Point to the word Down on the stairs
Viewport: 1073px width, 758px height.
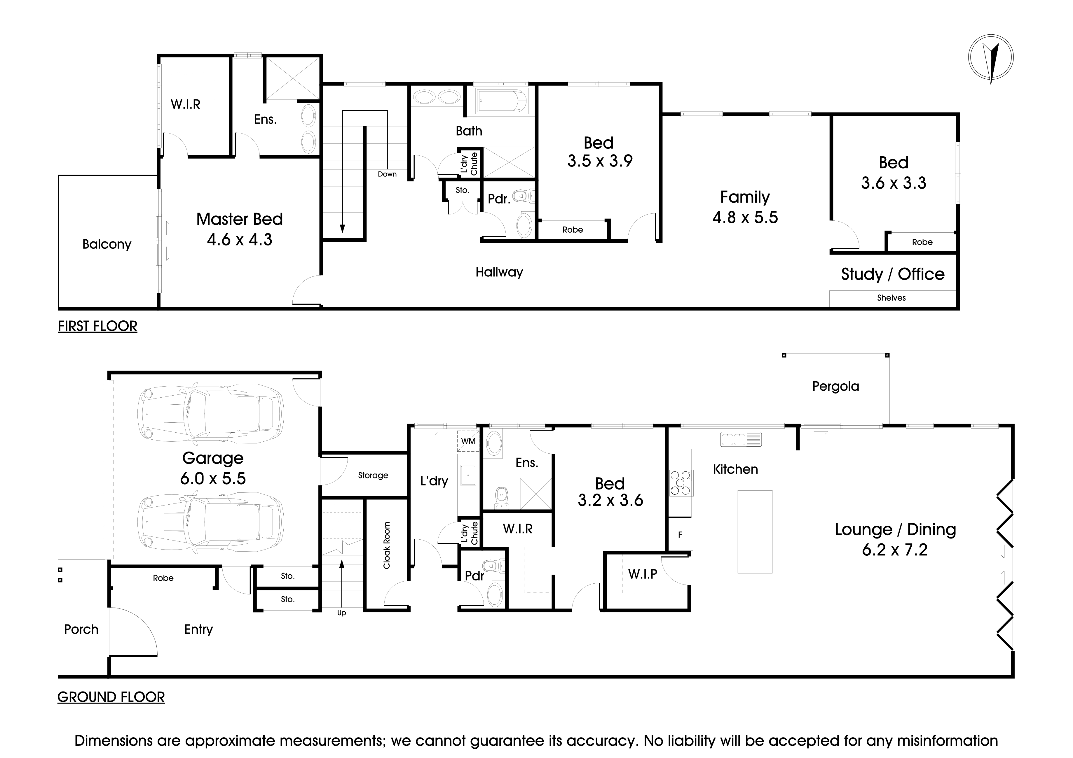click(387, 174)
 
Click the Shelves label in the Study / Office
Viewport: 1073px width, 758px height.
click(891, 298)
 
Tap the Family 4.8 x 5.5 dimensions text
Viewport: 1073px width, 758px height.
click(745, 218)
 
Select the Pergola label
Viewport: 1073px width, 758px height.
click(835, 387)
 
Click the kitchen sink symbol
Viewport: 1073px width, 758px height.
click(741, 439)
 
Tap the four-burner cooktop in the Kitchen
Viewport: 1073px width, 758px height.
click(681, 483)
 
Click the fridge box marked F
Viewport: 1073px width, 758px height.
click(680, 535)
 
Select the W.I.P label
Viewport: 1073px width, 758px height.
click(643, 574)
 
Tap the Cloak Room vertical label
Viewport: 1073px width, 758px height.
click(386, 545)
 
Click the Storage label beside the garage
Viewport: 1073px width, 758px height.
click(373, 475)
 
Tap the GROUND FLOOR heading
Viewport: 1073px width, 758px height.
click(111, 697)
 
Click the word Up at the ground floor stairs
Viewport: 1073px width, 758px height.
click(342, 613)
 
